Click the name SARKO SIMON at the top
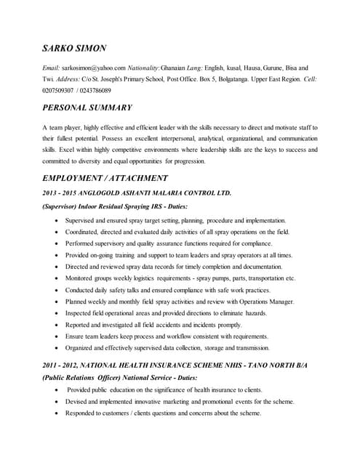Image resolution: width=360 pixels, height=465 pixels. coord(74,48)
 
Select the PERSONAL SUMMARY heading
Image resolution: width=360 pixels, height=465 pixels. coord(87,108)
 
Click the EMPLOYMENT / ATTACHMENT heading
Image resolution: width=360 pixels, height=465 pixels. coord(105,178)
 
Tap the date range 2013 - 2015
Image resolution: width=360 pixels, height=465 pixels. coord(63,193)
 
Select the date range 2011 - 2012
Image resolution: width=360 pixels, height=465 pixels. coord(63,365)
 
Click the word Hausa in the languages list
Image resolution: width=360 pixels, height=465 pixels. coord(256,67)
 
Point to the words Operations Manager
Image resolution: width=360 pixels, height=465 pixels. coord(265,301)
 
